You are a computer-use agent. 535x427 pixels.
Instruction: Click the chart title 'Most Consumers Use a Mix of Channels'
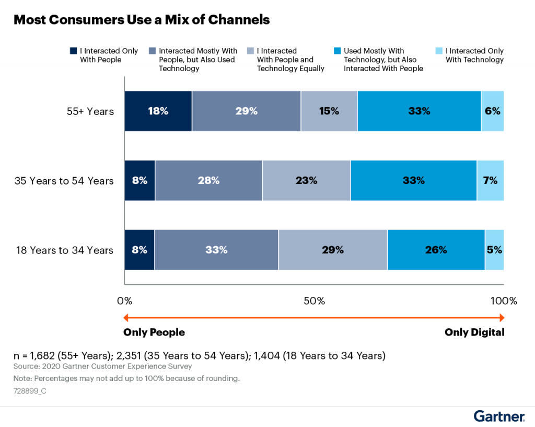[142, 20]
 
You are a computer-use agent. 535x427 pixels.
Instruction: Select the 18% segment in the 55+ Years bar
[158, 111]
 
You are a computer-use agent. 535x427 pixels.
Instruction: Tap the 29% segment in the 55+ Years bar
[246, 111]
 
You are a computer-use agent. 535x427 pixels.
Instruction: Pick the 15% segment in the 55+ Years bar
[329, 111]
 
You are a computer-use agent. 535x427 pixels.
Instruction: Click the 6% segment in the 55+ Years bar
[492, 111]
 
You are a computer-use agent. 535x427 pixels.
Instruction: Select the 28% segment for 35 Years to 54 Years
[208, 180]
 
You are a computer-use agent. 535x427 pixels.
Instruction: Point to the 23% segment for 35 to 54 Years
[306, 180]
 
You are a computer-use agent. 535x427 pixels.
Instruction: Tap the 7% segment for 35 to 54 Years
[490, 180]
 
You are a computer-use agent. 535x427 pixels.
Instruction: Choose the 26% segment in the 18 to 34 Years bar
[436, 250]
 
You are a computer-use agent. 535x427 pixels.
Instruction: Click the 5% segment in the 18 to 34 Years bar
[494, 250]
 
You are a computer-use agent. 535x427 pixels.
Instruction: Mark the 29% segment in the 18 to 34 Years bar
[332, 250]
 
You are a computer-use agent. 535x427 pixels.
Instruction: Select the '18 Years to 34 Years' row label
[64, 250]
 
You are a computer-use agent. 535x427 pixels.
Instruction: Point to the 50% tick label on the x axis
[314, 301]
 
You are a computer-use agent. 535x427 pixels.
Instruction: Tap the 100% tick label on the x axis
[503, 301]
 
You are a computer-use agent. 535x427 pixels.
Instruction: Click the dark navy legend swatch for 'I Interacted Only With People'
[74, 51]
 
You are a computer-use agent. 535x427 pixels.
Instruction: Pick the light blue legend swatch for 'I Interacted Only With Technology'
[439, 51]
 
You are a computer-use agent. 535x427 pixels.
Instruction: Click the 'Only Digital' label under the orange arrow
[474, 332]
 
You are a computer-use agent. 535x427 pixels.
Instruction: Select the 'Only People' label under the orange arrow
[154, 332]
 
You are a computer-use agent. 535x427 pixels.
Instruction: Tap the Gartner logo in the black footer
[499, 417]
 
